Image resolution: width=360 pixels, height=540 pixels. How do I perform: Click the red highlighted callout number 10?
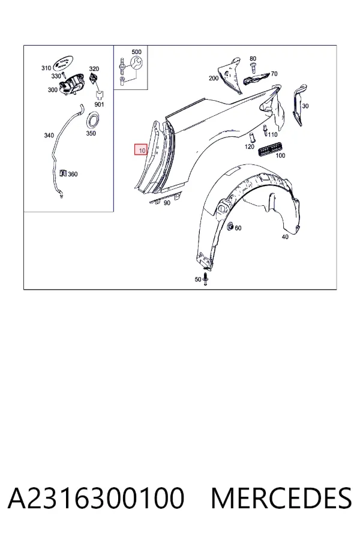click(141, 150)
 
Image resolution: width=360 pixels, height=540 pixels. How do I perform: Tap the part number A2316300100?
click(96, 498)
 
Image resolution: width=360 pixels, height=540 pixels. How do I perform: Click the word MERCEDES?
click(281, 498)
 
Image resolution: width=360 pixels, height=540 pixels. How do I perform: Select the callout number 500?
click(136, 52)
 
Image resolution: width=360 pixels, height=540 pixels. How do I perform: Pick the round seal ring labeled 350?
click(92, 120)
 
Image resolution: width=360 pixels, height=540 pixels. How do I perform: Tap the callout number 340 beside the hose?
click(49, 136)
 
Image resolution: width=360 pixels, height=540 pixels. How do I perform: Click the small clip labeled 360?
click(62, 173)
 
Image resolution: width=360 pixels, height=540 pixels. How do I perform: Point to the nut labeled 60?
click(230, 226)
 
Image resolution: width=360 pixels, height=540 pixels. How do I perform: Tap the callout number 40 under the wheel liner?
click(285, 237)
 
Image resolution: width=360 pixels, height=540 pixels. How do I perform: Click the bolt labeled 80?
click(253, 67)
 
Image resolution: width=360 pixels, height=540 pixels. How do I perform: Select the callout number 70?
click(274, 74)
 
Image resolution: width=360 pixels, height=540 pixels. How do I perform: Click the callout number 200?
click(214, 78)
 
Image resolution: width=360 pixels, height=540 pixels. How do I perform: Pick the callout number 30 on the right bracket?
click(305, 106)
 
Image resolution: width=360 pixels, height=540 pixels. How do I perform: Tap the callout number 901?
click(99, 104)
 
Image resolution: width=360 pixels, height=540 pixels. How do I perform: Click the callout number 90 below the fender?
click(167, 203)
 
